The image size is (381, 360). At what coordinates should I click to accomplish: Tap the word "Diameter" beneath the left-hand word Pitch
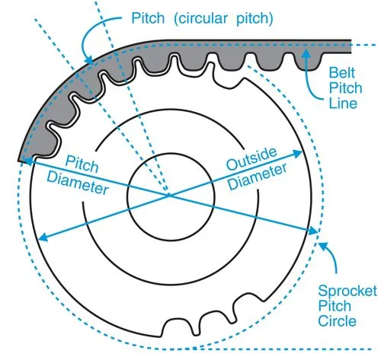tap(80, 183)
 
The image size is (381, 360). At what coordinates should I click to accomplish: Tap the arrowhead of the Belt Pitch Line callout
tap(305, 51)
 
